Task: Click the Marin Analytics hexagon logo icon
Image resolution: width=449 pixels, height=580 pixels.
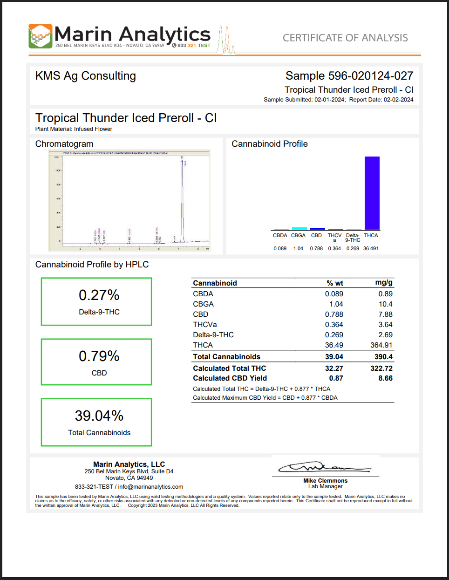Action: tap(40, 36)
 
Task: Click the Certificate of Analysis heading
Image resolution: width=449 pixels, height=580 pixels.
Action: tap(345, 38)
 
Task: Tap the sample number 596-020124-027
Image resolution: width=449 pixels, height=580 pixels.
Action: tap(371, 76)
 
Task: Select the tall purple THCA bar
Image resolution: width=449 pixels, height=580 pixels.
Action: tap(372, 193)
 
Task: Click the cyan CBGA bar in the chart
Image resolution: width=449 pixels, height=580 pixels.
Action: tap(299, 228)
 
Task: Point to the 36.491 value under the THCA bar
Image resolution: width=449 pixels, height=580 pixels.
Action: tap(371, 249)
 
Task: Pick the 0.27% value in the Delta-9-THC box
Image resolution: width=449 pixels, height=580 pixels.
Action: tap(99, 295)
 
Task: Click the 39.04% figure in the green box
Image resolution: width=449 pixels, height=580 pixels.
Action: tap(99, 416)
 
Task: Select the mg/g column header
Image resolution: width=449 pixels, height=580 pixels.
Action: tap(384, 282)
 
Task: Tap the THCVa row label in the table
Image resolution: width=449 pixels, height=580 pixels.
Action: tap(205, 325)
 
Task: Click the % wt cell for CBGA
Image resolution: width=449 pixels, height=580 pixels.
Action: tap(336, 304)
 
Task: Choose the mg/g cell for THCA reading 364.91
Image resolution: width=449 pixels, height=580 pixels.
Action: tap(381, 345)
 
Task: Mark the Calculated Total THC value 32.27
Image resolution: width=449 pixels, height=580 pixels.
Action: tap(334, 368)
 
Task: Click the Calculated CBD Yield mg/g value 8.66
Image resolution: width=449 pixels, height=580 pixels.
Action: tap(385, 378)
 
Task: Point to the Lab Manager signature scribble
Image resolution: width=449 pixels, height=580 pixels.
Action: tap(324, 467)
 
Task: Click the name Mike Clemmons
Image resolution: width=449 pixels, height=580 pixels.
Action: tap(325, 481)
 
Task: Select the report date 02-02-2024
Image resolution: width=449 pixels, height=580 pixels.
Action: tap(398, 100)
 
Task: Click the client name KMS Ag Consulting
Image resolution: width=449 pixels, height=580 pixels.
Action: tap(86, 76)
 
